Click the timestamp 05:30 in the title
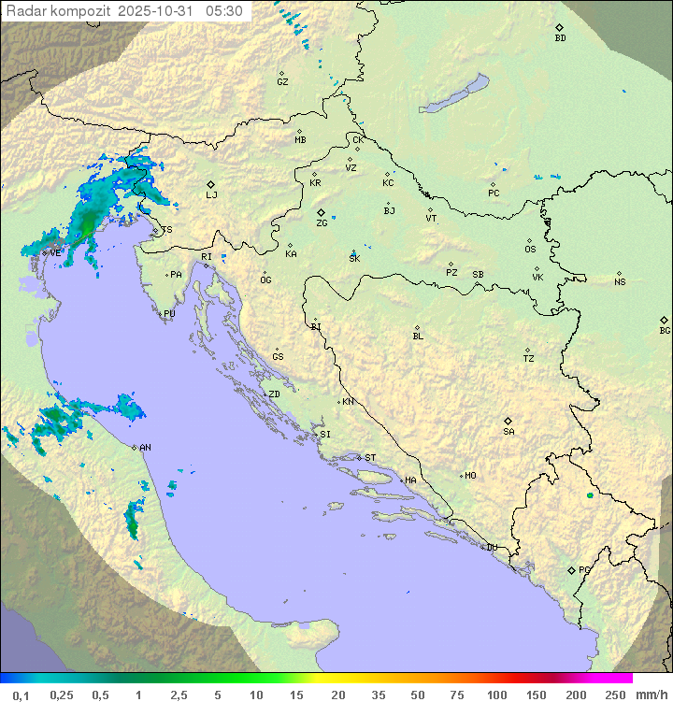224,11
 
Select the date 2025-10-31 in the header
161,11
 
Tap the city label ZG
322,223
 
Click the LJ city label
211,195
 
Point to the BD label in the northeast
560,38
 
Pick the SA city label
508,432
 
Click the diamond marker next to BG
665,320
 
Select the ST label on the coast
370,458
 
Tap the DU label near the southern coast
491,548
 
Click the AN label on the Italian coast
145,448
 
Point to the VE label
55,253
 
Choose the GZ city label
282,82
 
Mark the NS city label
620,282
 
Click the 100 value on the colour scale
496,695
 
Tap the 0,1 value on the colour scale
21,695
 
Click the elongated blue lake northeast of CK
454,94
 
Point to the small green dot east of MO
590,494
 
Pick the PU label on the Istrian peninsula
169,314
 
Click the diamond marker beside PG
572,569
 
